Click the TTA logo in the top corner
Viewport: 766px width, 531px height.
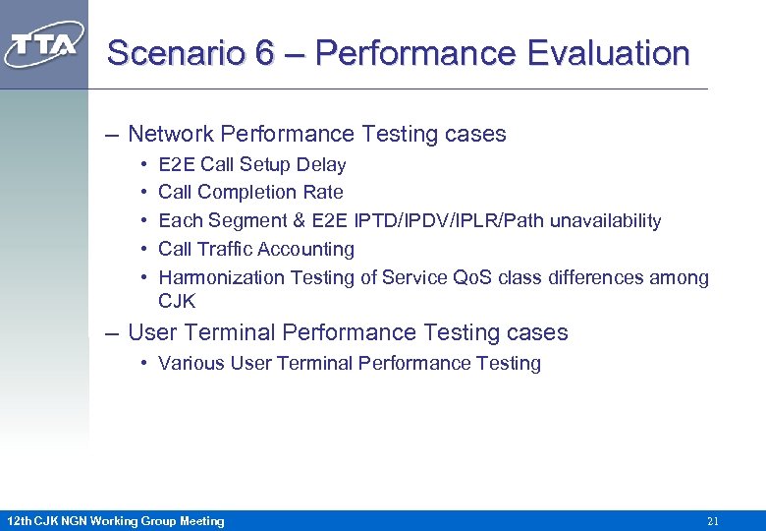point(44,45)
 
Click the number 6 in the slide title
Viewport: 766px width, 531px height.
point(263,53)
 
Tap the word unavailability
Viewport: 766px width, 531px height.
point(605,220)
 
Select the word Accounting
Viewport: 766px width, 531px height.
point(305,249)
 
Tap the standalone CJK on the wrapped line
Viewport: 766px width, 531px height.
point(177,301)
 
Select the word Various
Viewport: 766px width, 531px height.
point(191,363)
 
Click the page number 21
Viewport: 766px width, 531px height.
point(713,521)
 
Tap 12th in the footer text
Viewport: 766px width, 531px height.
point(19,521)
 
